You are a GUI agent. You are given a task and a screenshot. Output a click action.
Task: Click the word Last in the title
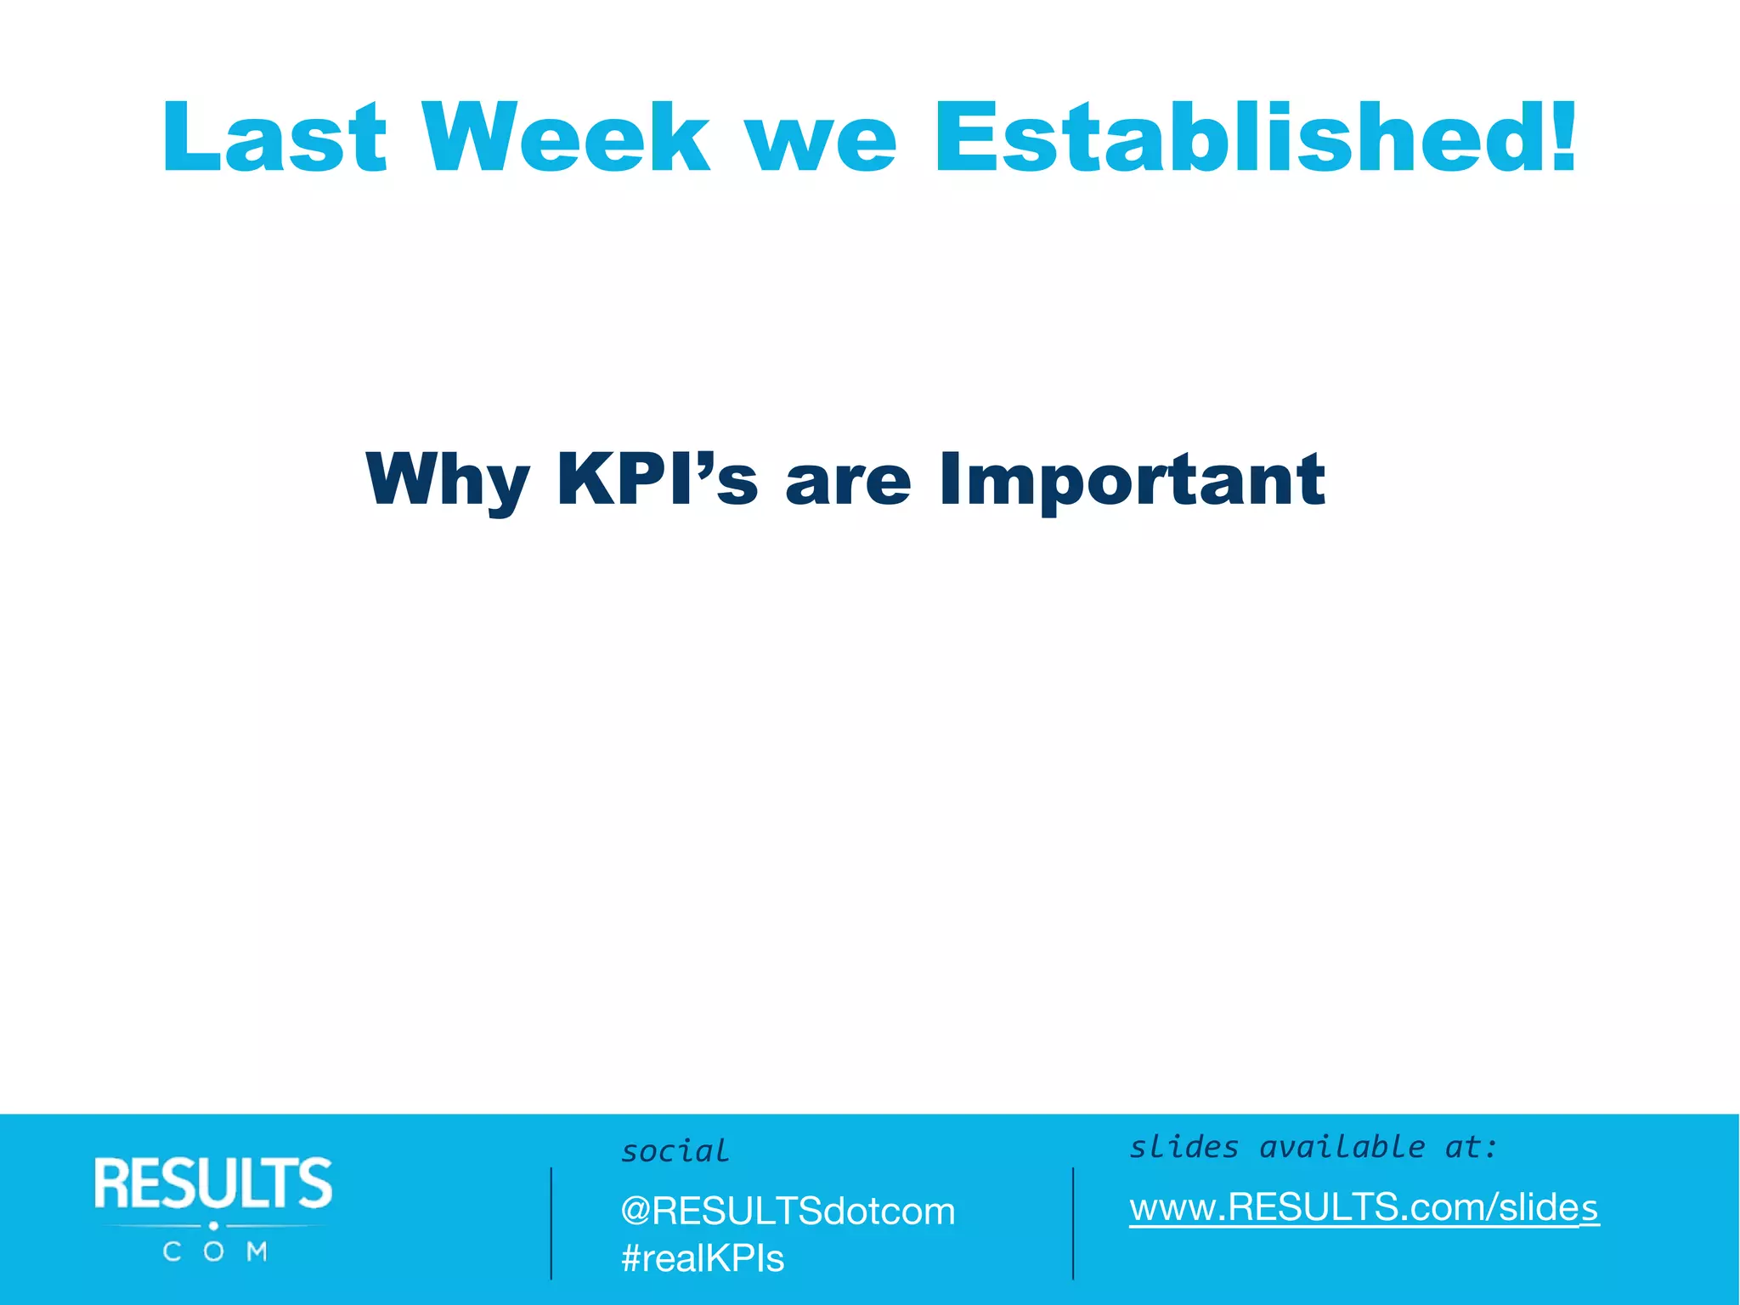point(274,138)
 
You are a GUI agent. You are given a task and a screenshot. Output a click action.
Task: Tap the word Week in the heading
point(566,138)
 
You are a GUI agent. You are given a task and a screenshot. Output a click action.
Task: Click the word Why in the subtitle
point(448,481)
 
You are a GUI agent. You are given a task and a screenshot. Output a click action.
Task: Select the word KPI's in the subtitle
point(657,479)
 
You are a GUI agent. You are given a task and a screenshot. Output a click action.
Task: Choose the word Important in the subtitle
point(1132,481)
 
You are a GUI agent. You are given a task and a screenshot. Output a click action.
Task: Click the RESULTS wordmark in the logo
point(213,1184)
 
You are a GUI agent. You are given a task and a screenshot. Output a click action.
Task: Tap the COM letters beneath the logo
point(215,1251)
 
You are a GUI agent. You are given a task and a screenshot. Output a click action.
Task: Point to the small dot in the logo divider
point(214,1226)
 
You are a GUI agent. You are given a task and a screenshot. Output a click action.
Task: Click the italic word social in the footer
point(675,1151)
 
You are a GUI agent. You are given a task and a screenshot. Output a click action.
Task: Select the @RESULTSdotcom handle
point(788,1211)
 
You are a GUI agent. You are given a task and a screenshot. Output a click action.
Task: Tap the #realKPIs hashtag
point(703,1258)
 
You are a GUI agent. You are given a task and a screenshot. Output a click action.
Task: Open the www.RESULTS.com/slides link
point(1364,1207)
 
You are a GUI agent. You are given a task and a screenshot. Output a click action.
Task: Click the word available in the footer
point(1342,1147)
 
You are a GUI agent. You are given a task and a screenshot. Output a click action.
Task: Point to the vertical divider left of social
point(551,1223)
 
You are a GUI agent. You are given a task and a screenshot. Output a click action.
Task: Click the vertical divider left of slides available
point(1073,1223)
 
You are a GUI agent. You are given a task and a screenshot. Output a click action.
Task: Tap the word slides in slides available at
point(1184,1147)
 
